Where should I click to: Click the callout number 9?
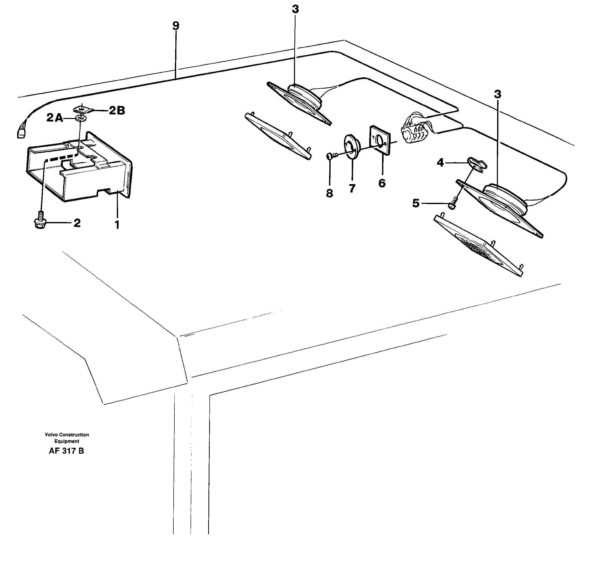176,26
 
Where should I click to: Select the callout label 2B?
117,111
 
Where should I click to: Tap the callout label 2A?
55,118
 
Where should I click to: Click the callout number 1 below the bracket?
117,225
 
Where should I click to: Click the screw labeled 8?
330,156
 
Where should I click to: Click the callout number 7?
352,188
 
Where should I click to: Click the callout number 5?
416,203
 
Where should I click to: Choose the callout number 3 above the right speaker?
497,94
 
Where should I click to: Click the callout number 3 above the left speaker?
295,10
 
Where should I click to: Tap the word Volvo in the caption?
51,434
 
